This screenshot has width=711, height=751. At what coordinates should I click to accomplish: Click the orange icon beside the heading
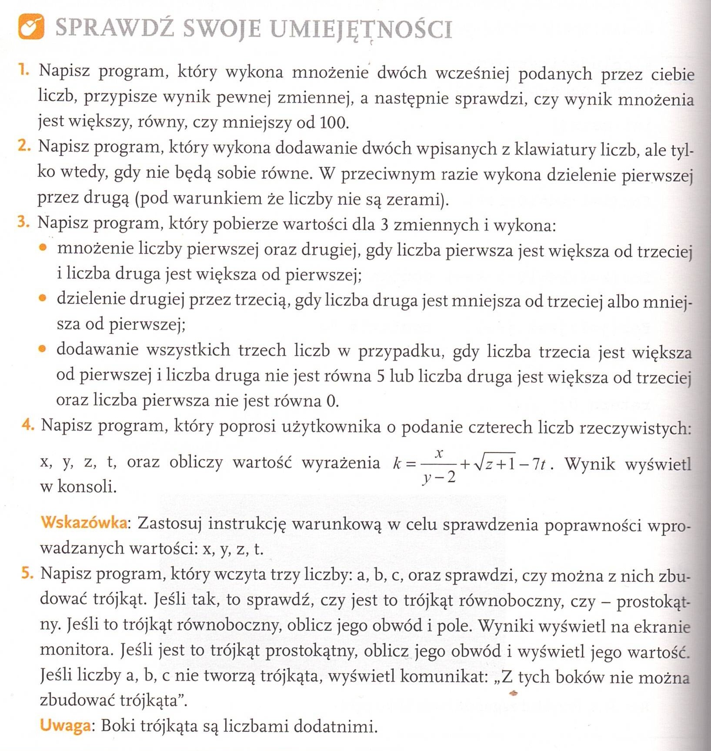pos(31,27)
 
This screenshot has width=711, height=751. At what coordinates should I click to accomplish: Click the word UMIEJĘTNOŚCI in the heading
pos(361,29)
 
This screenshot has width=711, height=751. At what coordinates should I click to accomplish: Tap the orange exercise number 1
pos(23,70)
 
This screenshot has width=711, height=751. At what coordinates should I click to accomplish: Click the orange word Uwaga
pos(66,725)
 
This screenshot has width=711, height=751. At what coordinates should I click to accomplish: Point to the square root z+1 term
pos(495,464)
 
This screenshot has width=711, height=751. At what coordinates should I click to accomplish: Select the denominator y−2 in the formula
pos(440,477)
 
